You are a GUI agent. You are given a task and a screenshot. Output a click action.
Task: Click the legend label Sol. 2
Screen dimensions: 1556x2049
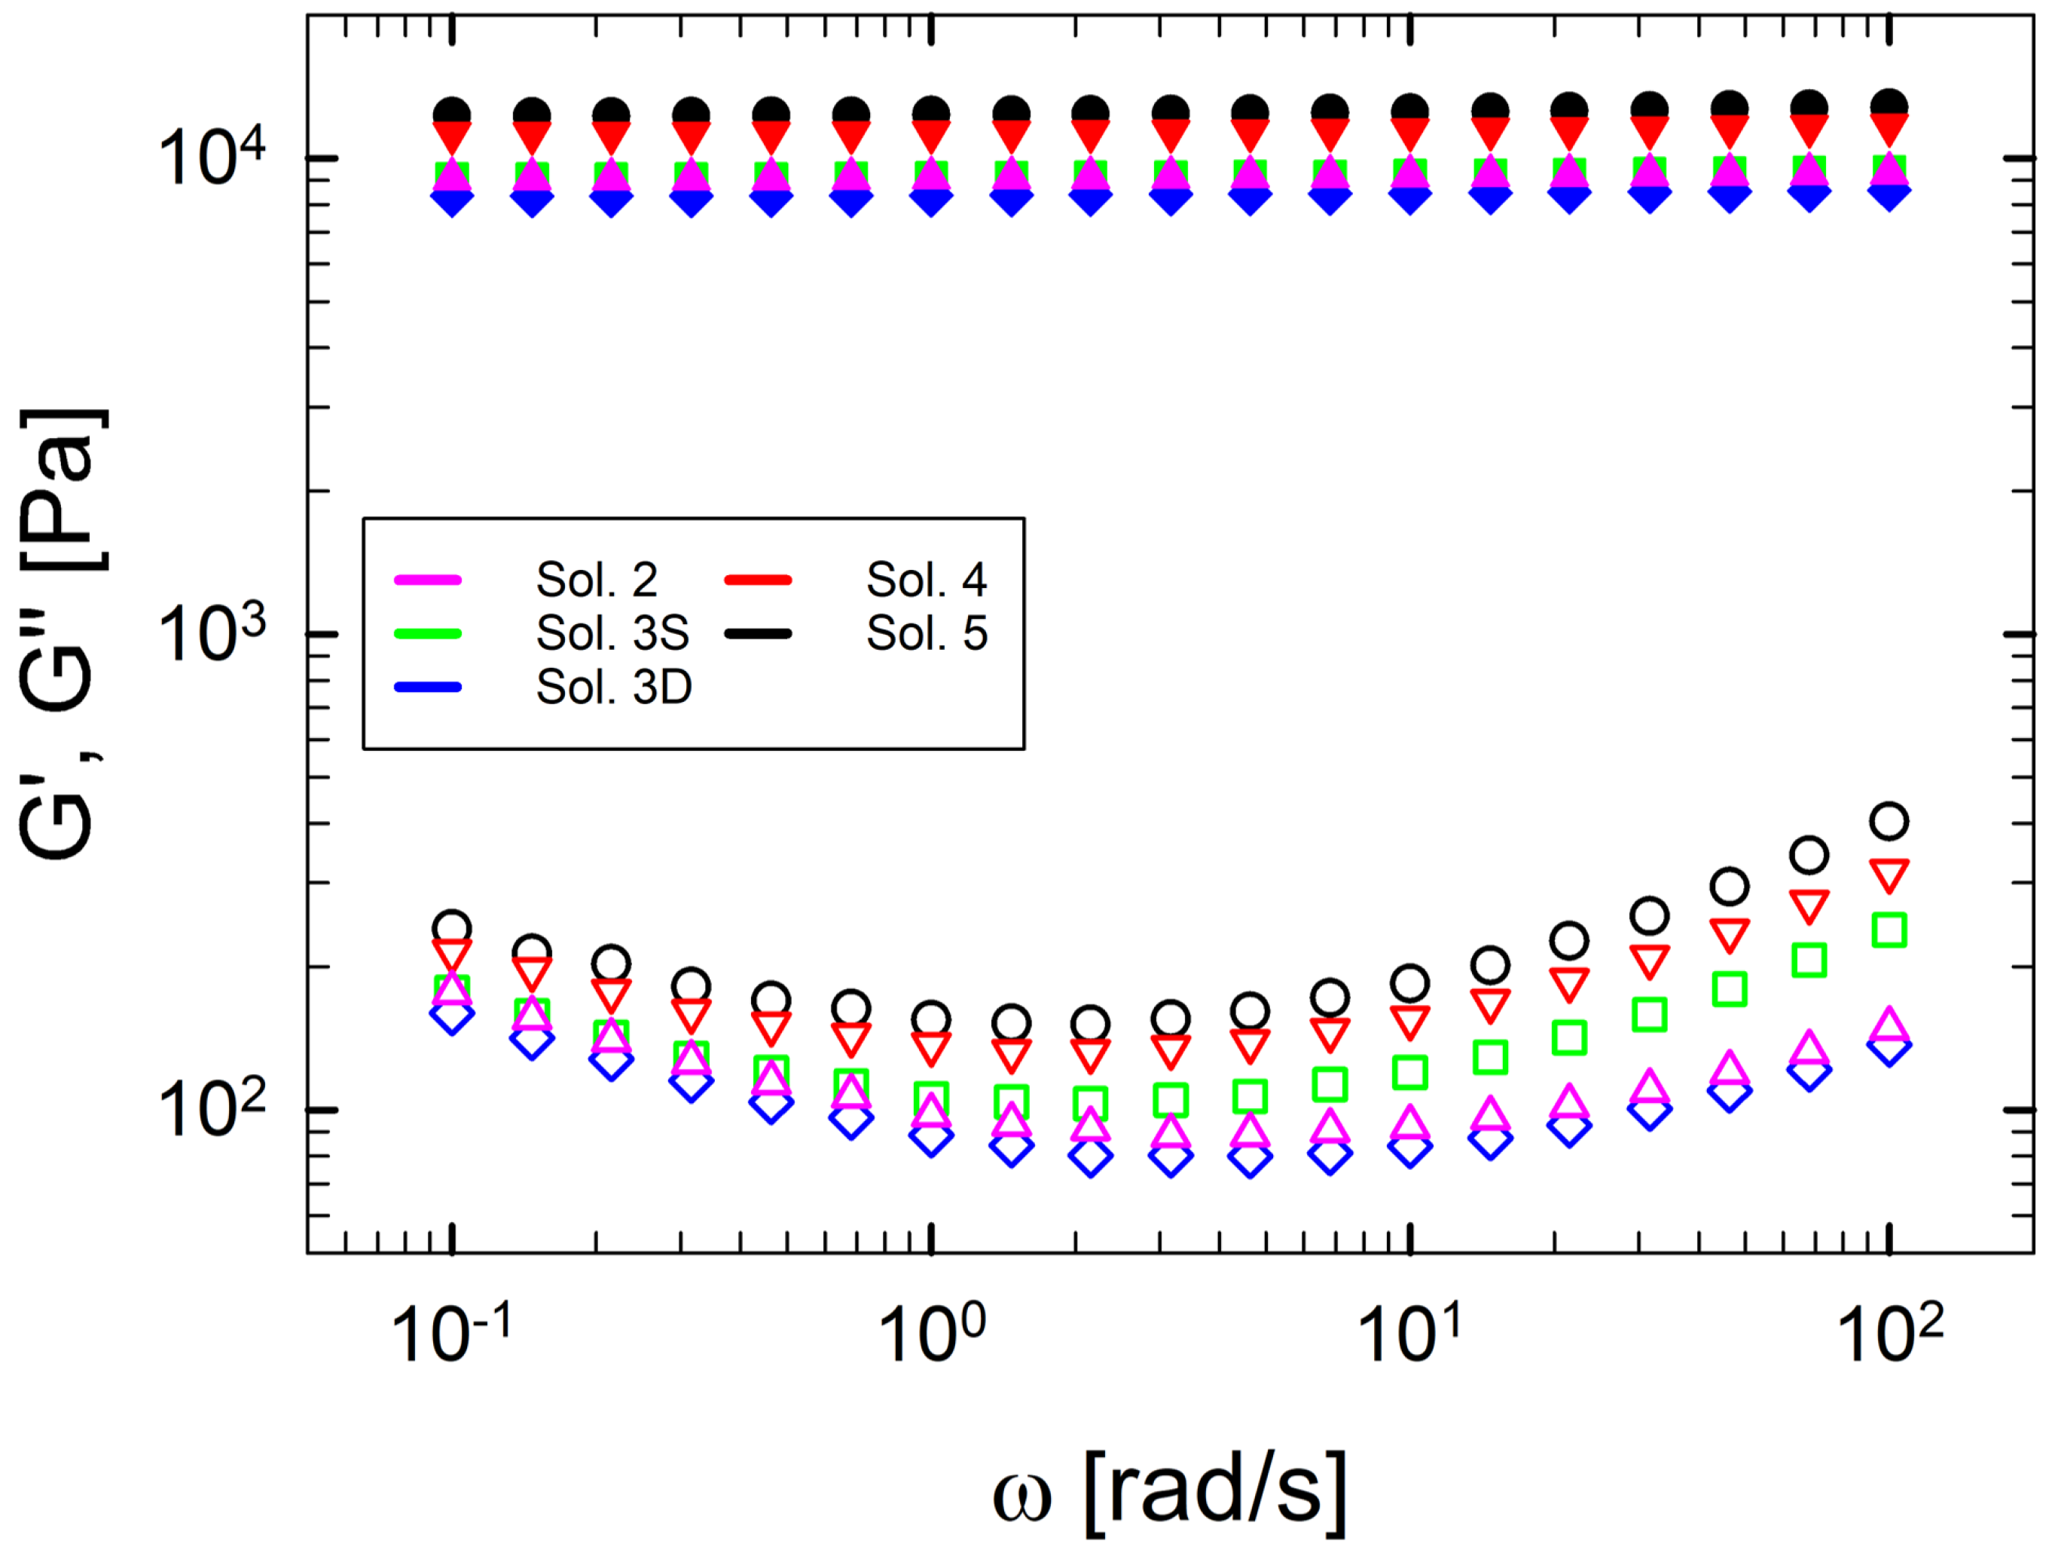(x=597, y=580)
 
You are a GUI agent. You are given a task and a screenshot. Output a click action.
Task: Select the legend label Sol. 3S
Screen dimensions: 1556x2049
(x=612, y=633)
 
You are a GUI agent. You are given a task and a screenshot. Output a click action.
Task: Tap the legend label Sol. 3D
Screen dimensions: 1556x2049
(x=613, y=687)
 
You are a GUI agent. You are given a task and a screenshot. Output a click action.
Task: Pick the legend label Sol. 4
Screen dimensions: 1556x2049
(x=927, y=580)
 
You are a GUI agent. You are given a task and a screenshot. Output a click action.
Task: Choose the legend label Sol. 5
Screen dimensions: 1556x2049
(x=927, y=633)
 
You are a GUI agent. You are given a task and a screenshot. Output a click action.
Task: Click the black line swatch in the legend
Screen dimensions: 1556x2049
(x=758, y=633)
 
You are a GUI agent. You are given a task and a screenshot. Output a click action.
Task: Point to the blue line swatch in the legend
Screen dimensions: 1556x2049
(x=427, y=687)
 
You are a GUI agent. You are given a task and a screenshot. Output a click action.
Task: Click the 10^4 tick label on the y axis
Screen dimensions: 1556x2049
(x=211, y=158)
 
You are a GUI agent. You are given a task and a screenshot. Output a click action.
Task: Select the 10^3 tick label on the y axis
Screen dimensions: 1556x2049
(x=211, y=635)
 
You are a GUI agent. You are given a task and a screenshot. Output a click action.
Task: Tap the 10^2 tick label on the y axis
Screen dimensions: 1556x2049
(x=211, y=1109)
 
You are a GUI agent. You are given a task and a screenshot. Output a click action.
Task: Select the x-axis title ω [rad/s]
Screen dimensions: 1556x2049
(x=1170, y=1491)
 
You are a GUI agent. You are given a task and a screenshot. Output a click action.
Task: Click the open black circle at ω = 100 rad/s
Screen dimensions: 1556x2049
(x=1889, y=821)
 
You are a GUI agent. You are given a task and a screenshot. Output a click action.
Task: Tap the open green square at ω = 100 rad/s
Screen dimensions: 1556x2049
(x=1889, y=930)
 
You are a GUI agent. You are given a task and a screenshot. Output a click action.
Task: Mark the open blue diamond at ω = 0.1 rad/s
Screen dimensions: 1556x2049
(x=452, y=1014)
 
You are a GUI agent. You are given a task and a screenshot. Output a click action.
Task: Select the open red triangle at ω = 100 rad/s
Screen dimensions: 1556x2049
(x=1889, y=873)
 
